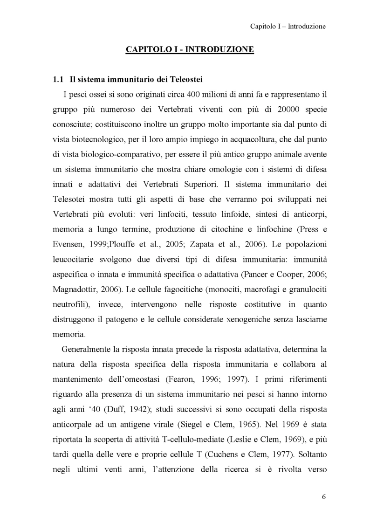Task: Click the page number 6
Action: coord(323,496)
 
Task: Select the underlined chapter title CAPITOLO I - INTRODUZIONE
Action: coord(190,49)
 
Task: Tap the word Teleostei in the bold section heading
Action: coord(184,78)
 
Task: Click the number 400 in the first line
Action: coord(193,94)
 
